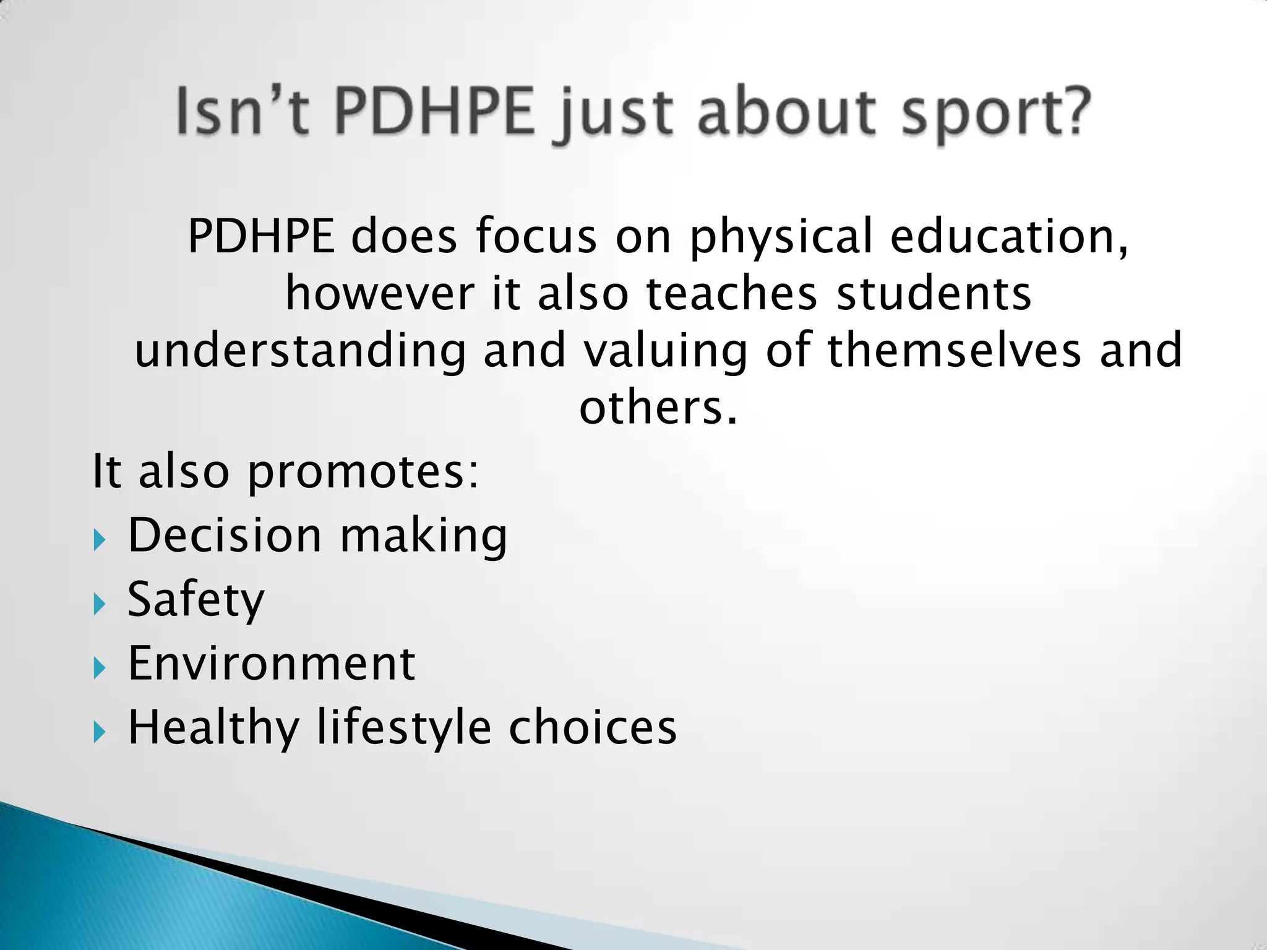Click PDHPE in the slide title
[434, 113]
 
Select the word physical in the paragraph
[781, 237]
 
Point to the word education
[1009, 236]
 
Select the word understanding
[300, 351]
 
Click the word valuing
[666, 351]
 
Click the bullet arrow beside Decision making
[100, 540]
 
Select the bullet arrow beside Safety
[100, 604]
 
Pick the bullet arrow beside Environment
[100, 668]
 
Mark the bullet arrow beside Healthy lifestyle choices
[100, 732]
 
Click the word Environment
[272, 664]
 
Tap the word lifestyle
[404, 728]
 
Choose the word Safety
[195, 600]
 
